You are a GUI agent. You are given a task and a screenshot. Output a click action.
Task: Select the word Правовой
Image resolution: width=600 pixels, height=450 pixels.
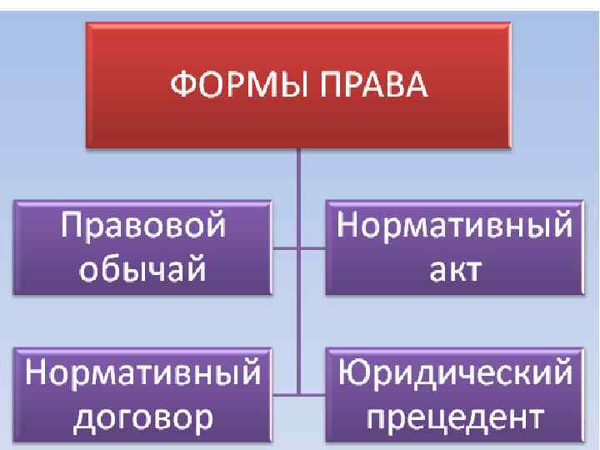pos(142,227)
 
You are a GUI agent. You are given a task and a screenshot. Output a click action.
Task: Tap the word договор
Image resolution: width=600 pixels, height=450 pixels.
pos(142,414)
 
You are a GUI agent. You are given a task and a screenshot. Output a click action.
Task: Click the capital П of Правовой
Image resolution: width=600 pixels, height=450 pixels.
pos(72,227)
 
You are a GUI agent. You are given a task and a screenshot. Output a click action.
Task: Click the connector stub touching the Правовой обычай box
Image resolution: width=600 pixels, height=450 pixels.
pos(283,247)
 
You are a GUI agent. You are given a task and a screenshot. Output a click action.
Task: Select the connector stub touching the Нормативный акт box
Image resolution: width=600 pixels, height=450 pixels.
pos(312,247)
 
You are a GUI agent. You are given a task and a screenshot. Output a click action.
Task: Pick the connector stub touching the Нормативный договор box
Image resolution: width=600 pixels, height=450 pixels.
pos(283,392)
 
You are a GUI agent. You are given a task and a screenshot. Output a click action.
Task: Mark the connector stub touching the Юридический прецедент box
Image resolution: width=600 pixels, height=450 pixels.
pos(312,392)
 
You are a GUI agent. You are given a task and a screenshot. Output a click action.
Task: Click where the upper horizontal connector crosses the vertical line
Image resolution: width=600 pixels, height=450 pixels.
pos(298,247)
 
